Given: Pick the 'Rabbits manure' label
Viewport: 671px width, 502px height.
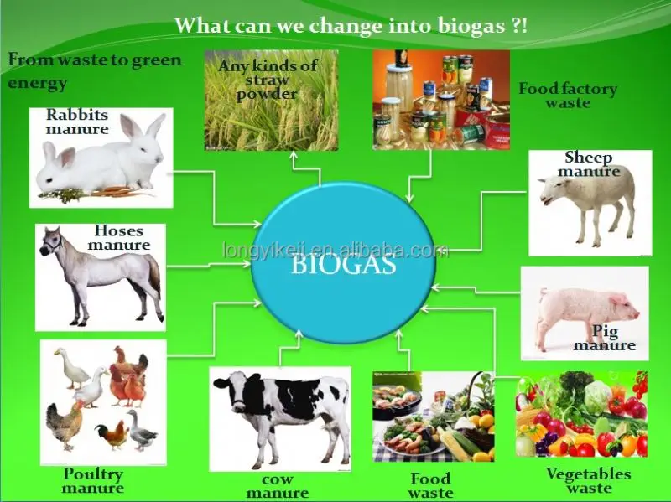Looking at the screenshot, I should pyautogui.click(x=77, y=122).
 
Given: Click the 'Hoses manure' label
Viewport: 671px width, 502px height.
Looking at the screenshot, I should pyautogui.click(x=118, y=238).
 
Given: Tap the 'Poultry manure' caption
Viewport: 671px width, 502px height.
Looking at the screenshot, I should pyautogui.click(x=92, y=481).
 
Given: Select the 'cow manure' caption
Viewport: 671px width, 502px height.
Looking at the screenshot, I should pyautogui.click(x=277, y=487).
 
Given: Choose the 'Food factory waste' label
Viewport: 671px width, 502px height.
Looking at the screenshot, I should pyautogui.click(x=567, y=96).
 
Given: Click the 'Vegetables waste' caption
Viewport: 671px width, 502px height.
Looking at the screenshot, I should pyautogui.click(x=588, y=481).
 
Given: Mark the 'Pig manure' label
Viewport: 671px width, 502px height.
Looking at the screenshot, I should pyautogui.click(x=605, y=339).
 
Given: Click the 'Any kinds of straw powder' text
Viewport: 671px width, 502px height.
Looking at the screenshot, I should pyautogui.click(x=268, y=80).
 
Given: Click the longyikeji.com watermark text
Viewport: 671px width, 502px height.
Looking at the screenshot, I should pyautogui.click(x=335, y=250).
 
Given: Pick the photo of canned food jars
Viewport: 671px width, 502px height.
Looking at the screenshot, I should pyautogui.click(x=440, y=99).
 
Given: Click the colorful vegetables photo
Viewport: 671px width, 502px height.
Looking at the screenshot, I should pyautogui.click(x=581, y=414).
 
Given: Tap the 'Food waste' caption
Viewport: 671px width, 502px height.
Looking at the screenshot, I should pyautogui.click(x=430, y=485).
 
